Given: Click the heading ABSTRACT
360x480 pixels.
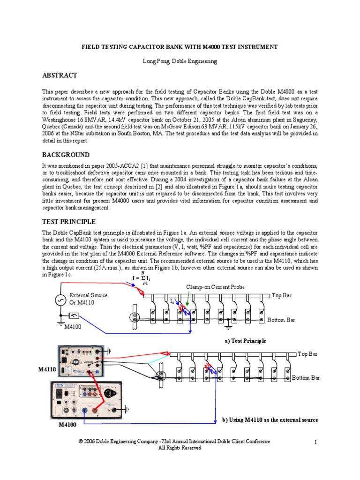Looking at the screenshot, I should pos(60,75).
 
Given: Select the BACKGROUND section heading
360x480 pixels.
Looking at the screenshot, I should pos(66,155).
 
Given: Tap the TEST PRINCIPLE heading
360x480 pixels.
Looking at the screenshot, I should pos(69,221).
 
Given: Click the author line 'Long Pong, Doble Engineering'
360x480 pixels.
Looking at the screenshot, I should pos(180,61).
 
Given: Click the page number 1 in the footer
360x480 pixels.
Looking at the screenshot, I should pos(316,442).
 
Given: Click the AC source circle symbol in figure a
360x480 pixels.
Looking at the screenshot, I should pos(60,301).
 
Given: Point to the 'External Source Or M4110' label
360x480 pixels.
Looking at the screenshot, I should pos(89,299).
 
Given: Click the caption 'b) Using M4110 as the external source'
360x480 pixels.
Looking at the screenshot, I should pos(270,420).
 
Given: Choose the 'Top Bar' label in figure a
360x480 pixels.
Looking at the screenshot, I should pos(282,295).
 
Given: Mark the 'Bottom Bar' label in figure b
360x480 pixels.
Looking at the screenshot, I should pos(306,377).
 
